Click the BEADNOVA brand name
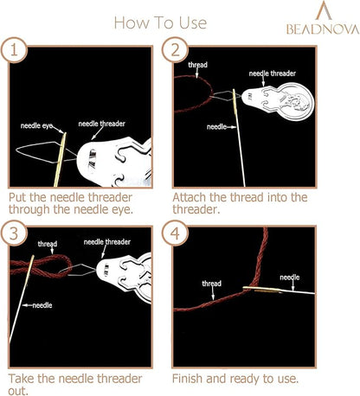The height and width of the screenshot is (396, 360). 323,29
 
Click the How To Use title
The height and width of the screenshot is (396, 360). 160,22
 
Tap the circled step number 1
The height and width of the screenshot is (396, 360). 14,50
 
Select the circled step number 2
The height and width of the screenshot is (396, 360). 175,50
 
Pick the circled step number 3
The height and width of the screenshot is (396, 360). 14,233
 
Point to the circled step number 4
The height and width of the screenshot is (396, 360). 175,233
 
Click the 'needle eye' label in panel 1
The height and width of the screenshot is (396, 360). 36,125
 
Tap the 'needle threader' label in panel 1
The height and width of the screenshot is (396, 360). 102,124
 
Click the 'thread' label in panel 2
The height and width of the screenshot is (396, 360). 198,65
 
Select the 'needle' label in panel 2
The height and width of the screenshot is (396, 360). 216,127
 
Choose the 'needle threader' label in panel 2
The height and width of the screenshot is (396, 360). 273,73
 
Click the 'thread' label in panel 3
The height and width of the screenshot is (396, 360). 48,244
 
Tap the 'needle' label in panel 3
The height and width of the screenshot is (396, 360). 42,305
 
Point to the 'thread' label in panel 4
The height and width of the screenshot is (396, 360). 212,284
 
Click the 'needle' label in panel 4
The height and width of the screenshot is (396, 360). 290,278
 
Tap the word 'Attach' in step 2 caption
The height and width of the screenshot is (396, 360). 190,198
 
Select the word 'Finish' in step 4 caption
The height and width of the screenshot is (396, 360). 188,379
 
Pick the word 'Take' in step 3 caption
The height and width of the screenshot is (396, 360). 22,379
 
